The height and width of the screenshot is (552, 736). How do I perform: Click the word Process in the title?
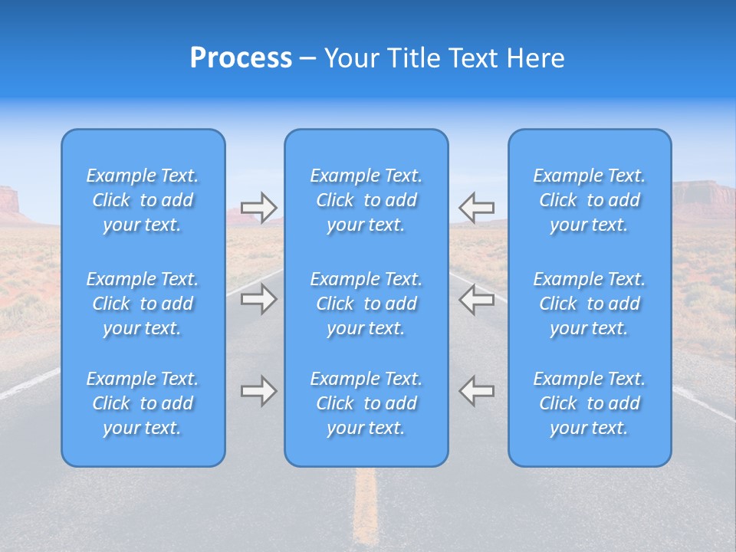(x=241, y=58)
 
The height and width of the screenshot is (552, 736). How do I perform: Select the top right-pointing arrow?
(x=259, y=208)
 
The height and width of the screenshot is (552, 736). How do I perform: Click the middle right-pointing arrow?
(x=259, y=299)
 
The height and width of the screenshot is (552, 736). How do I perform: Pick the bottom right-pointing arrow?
(x=259, y=391)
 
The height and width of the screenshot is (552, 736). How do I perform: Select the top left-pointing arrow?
(x=476, y=207)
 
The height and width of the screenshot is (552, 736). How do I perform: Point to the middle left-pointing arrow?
(x=476, y=299)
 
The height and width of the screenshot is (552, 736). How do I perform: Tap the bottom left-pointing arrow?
(x=476, y=391)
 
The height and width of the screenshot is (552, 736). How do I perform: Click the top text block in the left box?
(x=143, y=200)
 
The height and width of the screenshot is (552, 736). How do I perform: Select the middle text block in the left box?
(x=143, y=304)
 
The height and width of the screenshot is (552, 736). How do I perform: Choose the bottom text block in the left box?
(x=143, y=403)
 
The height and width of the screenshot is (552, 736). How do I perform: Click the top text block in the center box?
(x=366, y=200)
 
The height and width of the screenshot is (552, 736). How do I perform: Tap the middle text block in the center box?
(x=366, y=304)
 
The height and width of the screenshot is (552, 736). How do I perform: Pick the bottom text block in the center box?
(x=366, y=403)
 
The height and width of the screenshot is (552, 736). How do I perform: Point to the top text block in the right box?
(x=590, y=200)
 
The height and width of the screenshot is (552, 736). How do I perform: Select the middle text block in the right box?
(x=590, y=304)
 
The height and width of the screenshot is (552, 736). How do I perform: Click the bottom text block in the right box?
(x=590, y=403)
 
